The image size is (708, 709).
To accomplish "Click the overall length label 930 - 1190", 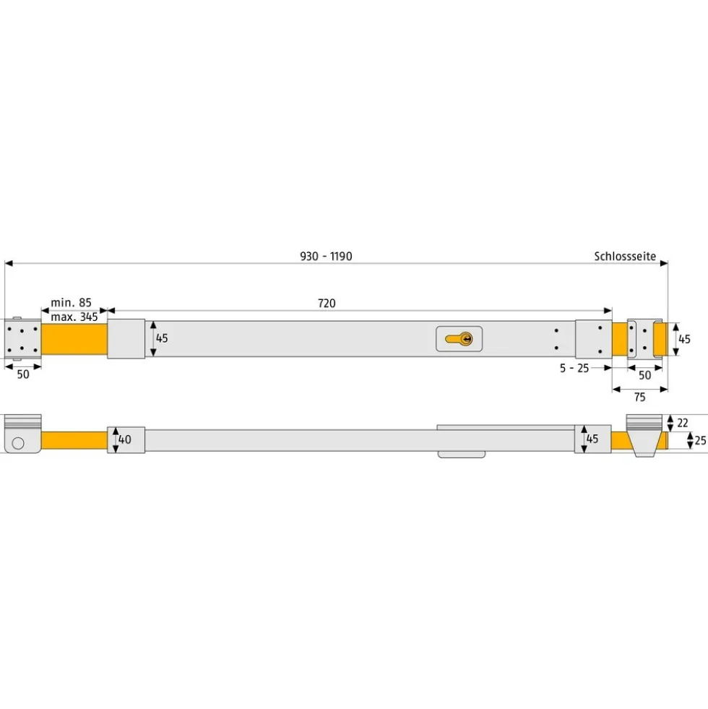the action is [x=326, y=257].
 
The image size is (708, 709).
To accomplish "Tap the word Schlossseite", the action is [x=625, y=257].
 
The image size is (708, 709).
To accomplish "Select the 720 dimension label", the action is [x=327, y=303].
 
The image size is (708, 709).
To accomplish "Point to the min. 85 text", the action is [x=71, y=302].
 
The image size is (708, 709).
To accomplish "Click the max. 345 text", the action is [x=74, y=317].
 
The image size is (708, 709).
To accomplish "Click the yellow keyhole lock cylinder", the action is [x=459, y=339].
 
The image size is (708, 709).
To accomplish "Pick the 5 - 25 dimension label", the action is [x=574, y=368].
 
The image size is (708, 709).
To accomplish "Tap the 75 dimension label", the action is [x=640, y=397].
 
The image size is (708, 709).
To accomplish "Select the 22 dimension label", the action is [x=682, y=423].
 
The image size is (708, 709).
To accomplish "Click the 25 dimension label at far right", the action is [x=700, y=440].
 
